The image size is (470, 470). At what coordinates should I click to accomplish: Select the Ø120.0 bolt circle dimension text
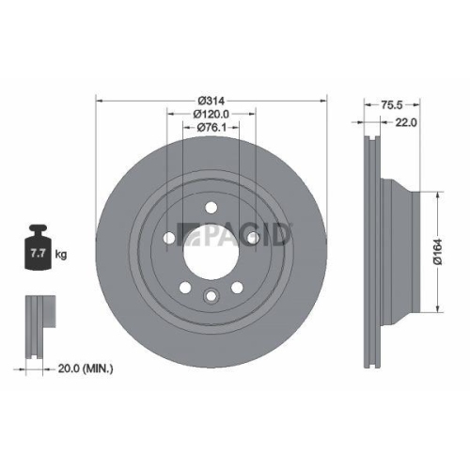coord(211,115)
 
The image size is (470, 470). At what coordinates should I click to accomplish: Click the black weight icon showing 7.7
coord(39,249)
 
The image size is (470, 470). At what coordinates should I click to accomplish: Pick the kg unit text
coord(62,255)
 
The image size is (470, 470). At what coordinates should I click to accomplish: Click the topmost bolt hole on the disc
coord(211,209)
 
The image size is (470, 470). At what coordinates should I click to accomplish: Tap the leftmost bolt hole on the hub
coord(169,239)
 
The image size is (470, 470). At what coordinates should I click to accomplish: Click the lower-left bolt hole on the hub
coord(185,287)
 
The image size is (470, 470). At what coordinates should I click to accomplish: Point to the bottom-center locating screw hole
coord(211,298)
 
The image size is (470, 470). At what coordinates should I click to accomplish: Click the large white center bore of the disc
coord(211,252)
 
